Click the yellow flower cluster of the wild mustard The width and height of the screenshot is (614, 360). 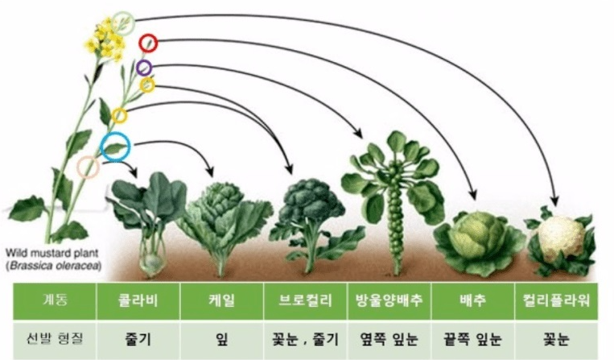(x=105, y=40)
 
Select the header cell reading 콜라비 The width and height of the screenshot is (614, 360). (x=138, y=301)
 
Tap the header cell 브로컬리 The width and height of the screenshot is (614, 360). (x=306, y=301)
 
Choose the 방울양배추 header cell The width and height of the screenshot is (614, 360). (x=389, y=301)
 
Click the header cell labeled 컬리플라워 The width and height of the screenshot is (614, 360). (x=556, y=301)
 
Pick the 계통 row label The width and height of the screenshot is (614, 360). (x=55, y=301)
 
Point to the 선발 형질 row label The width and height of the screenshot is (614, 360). (x=55, y=339)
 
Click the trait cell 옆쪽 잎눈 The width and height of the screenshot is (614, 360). (x=389, y=339)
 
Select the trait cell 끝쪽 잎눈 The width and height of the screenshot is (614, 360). (x=472, y=339)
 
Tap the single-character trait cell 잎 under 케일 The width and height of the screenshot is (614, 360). (x=221, y=339)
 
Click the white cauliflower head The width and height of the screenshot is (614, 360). (x=561, y=234)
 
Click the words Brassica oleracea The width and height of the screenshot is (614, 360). (x=54, y=266)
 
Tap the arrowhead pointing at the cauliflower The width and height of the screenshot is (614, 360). (x=554, y=200)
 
